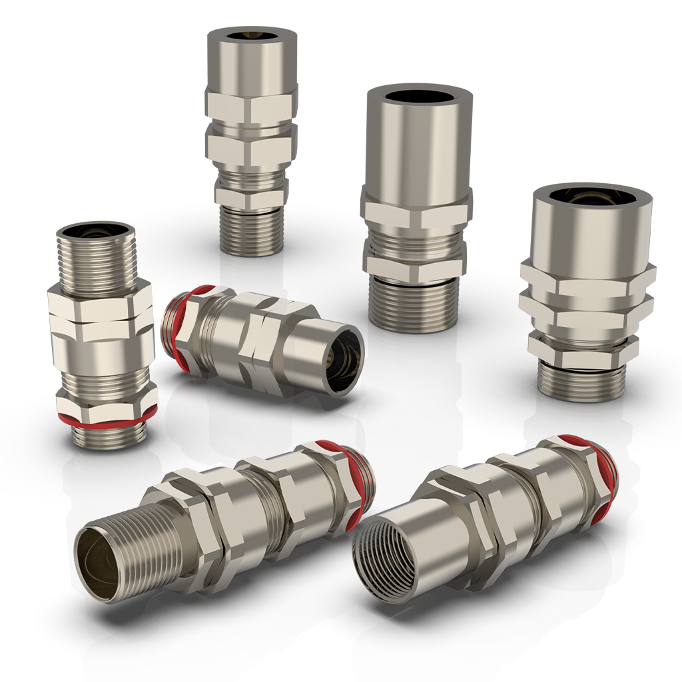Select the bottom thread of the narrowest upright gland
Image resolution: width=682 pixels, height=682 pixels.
(x=252, y=230)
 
